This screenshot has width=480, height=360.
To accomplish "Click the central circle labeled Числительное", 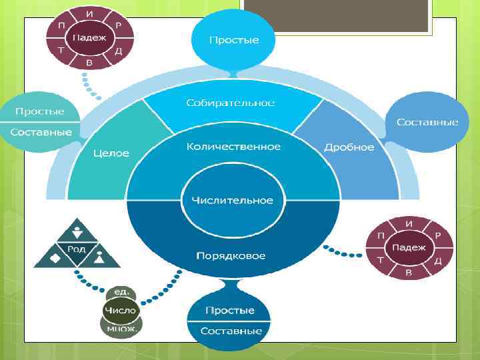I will click(233, 200).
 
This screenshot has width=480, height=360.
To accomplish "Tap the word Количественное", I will click(233, 147).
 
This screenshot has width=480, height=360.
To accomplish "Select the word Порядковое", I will click(231, 256).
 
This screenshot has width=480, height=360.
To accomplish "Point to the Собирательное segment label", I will click(231, 103).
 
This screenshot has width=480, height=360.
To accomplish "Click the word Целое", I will click(111, 153).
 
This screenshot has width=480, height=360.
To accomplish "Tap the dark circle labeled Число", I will click(120, 310).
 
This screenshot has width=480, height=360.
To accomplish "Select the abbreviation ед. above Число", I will click(121, 293).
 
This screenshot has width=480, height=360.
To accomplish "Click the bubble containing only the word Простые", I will click(233, 41).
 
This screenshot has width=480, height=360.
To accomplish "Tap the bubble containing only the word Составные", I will click(427, 123).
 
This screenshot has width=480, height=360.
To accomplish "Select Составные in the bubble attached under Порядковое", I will click(229, 331).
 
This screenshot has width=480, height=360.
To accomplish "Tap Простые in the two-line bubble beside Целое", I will click(41, 111).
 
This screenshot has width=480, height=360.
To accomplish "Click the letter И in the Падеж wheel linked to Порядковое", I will click(409, 224).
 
